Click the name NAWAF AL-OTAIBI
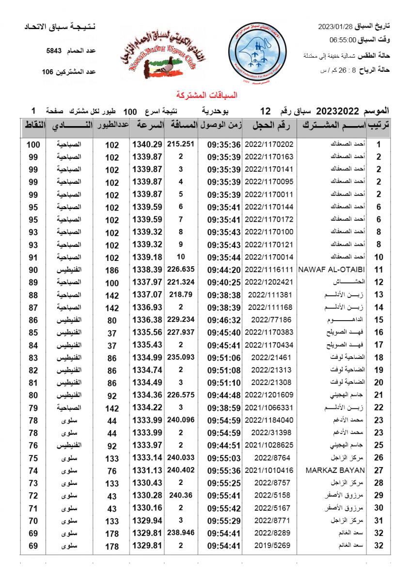[x=332, y=269]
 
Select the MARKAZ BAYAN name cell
[x=335, y=470]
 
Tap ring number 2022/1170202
[x=269, y=144]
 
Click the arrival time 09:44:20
[x=224, y=269]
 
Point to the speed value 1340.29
[x=146, y=144]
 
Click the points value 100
[x=33, y=145]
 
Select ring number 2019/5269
[x=269, y=546]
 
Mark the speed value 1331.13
[x=146, y=470]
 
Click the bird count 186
[x=112, y=270]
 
